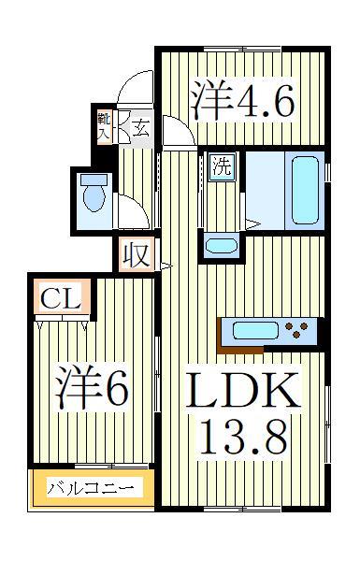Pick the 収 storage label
pos(137,254)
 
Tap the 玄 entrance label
pos(139,126)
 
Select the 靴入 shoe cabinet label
pos(104,125)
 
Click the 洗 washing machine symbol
pos(221,169)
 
